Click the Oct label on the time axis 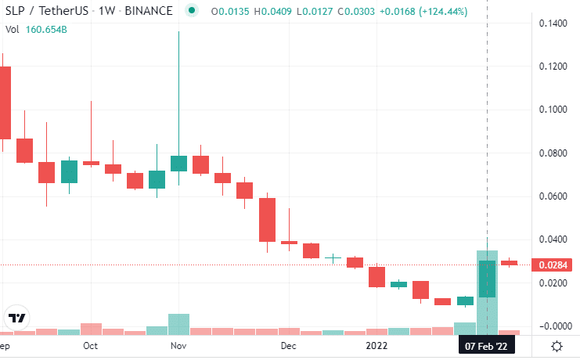click(91, 345)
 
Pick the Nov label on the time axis click(178, 345)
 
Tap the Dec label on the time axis click(289, 345)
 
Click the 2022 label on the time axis click(377, 345)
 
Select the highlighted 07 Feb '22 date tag click(487, 345)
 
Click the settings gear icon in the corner click(557, 346)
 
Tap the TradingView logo click(17, 319)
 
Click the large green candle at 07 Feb click(487, 279)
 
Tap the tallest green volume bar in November click(178, 324)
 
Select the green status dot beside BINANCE click(190, 11)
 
